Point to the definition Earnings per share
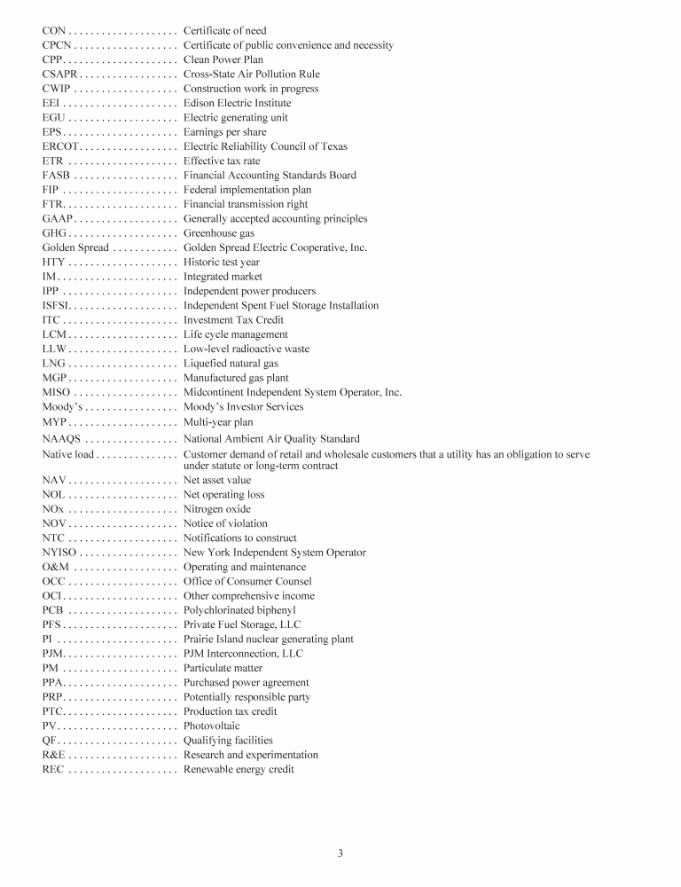pyautogui.click(x=224, y=132)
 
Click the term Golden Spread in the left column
pyautogui.click(x=75, y=247)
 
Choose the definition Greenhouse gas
pyautogui.click(x=218, y=233)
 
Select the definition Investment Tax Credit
pyautogui.click(x=233, y=320)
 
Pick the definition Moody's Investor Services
pyautogui.click(x=243, y=406)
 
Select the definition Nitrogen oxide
pyautogui.click(x=217, y=509)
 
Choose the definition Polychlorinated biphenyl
pyautogui.click(x=239, y=610)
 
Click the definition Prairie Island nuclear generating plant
pyautogui.click(x=268, y=640)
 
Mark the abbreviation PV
pyautogui.click(x=49, y=726)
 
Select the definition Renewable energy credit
pyautogui.click(x=239, y=769)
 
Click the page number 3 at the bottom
pyautogui.click(x=340, y=853)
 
